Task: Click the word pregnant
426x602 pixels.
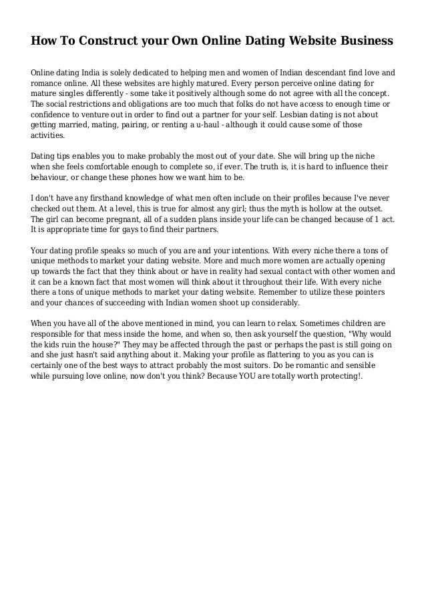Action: coord(124,221)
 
